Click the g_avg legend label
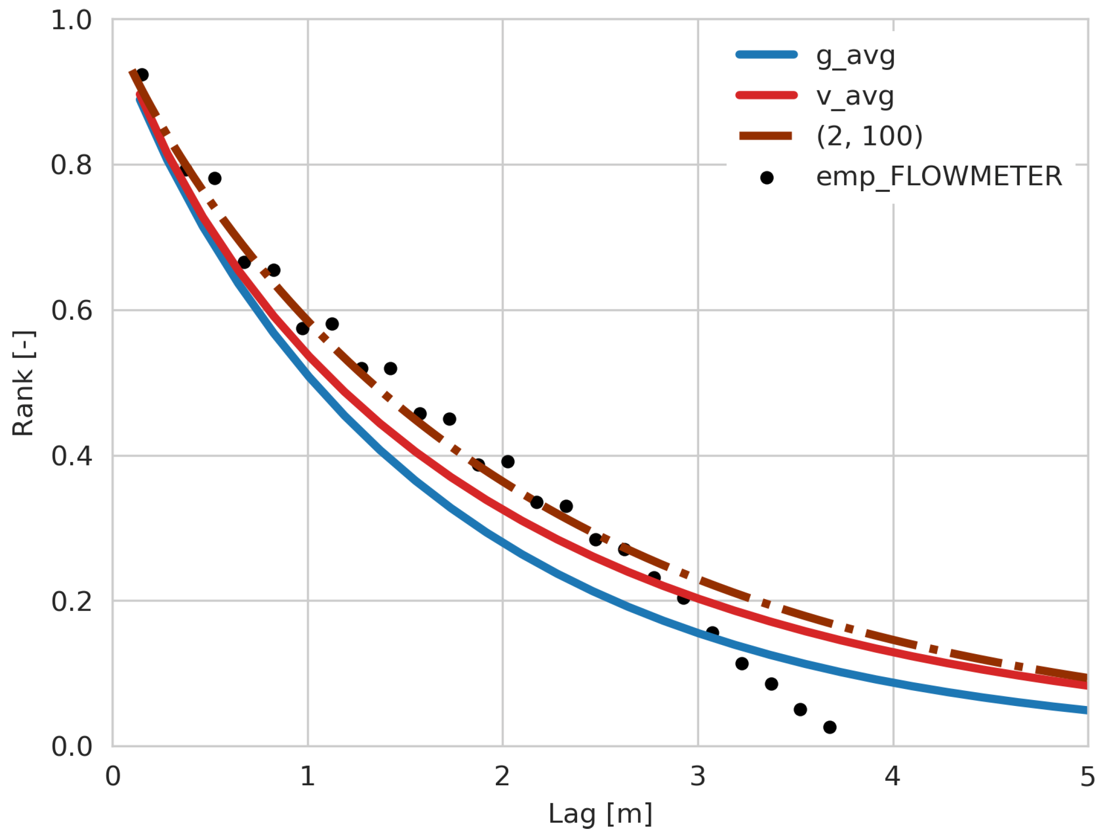855,56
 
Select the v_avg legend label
855,96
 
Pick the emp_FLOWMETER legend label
939,177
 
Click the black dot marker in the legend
767,178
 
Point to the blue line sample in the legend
767,55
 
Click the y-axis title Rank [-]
23,383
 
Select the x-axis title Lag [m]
600,813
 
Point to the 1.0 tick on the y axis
72,21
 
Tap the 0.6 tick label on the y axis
72,311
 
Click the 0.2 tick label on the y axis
72,601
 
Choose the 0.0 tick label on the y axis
72,746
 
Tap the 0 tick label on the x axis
113,777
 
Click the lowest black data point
829,727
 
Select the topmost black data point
142,75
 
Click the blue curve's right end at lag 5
1086,710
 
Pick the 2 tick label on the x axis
502,777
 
